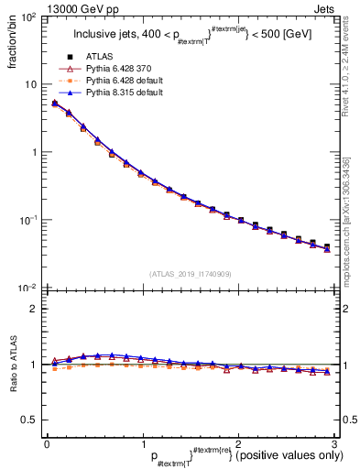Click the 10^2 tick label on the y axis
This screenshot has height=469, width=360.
[28, 17]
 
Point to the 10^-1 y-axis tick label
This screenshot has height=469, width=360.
[28, 221]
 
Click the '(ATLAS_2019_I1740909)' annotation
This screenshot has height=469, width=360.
[190, 274]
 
